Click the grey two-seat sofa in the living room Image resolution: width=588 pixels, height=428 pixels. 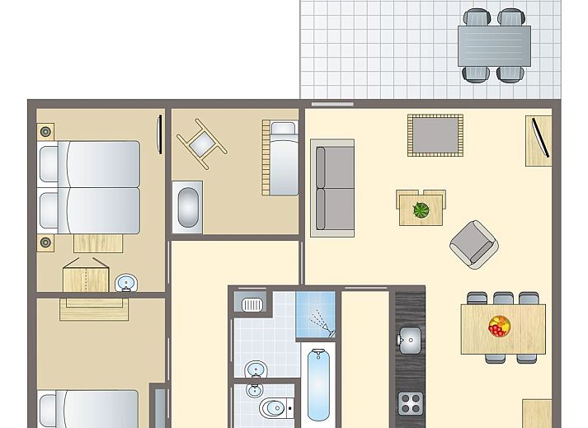pyautogui.click(x=332, y=188)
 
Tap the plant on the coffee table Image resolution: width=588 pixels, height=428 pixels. pyautogui.click(x=421, y=209)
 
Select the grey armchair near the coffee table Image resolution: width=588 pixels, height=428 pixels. pyautogui.click(x=474, y=243)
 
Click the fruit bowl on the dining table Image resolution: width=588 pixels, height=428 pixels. pyautogui.click(x=499, y=327)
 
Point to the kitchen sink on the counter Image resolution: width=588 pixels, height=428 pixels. pyautogui.click(x=409, y=337)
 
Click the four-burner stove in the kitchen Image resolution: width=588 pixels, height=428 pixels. pyautogui.click(x=410, y=402)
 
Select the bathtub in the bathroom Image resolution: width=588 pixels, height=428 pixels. pyautogui.click(x=319, y=384)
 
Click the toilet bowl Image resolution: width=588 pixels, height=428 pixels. pyautogui.click(x=272, y=407)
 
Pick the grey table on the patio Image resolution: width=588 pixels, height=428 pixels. pyautogui.click(x=494, y=45)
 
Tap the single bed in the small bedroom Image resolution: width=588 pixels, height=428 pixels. pyautogui.click(x=280, y=158)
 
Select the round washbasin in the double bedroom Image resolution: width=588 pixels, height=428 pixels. pyautogui.click(x=126, y=283)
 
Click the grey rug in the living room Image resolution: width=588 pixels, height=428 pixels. pyautogui.click(x=435, y=134)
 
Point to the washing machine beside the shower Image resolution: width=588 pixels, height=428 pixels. pyautogui.click(x=249, y=303)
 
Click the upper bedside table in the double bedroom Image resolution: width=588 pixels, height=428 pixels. pyautogui.click(x=45, y=130)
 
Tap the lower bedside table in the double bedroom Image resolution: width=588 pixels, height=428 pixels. pyautogui.click(x=45, y=243)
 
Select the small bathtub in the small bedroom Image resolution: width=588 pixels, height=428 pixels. pyautogui.click(x=187, y=209)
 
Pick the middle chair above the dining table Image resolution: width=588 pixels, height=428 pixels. pyautogui.click(x=502, y=299)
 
